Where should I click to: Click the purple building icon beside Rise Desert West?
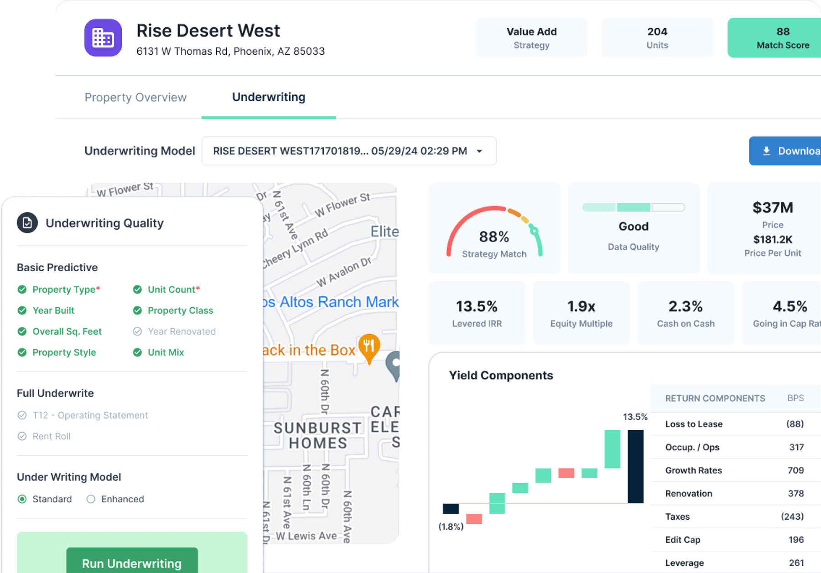(103, 38)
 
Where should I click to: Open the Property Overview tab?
(135, 98)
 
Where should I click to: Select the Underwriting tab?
(269, 98)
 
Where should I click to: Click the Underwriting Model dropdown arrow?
(479, 151)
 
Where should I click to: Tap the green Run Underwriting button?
(132, 563)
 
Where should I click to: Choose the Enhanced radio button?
(91, 499)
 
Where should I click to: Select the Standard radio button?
(22, 499)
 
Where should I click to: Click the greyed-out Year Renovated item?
(181, 331)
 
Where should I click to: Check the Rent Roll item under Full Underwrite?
(51, 436)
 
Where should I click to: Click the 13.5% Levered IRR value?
(477, 306)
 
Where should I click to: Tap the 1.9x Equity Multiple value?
(581, 306)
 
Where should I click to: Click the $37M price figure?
(772, 208)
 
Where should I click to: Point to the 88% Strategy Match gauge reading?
(494, 237)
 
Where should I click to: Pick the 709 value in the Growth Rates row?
(795, 470)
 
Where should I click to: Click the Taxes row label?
(677, 516)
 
